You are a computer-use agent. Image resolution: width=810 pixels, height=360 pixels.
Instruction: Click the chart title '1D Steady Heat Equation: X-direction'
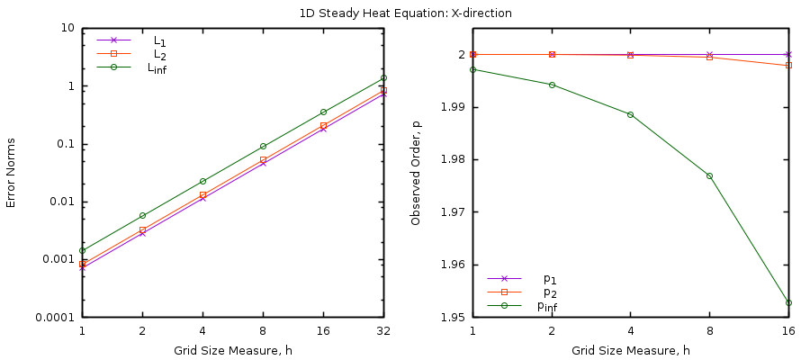point(405,13)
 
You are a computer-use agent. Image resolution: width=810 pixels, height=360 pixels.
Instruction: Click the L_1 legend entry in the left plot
point(159,40)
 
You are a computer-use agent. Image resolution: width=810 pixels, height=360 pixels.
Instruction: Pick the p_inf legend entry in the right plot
point(546,306)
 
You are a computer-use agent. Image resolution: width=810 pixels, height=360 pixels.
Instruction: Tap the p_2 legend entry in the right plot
point(549,292)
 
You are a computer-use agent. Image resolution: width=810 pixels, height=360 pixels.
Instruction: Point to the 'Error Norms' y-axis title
point(12,173)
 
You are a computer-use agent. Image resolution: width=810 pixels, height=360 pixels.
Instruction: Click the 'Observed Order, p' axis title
point(416,173)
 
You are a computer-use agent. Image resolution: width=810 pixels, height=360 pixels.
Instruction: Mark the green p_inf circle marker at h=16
point(788,302)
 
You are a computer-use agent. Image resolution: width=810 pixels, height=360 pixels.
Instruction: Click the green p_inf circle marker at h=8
point(709,175)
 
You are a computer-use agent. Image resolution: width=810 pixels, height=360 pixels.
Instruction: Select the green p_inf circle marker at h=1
point(473,69)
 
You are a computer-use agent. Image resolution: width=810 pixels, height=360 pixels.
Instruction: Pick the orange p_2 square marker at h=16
point(788,65)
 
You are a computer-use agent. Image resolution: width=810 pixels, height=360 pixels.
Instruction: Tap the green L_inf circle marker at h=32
point(383,78)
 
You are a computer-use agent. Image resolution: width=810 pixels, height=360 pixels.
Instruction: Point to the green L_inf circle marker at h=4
point(202,181)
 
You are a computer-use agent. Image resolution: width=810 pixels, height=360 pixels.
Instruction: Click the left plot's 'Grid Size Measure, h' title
point(232,349)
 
